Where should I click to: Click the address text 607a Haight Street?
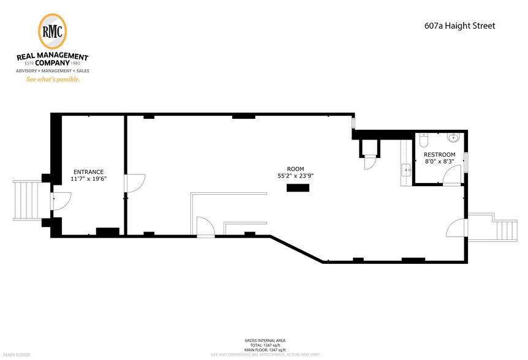(459, 26)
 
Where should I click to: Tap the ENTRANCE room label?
(88, 172)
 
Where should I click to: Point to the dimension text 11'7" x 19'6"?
(88, 179)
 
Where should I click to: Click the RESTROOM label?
(439, 154)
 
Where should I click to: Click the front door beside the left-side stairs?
(62, 200)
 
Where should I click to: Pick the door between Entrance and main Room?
(135, 182)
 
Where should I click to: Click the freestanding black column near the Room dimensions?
(297, 189)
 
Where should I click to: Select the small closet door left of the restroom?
(370, 162)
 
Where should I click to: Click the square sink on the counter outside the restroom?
(405, 169)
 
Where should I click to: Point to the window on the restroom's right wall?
(466, 162)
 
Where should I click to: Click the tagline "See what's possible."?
(52, 79)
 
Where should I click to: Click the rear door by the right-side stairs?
(457, 229)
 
